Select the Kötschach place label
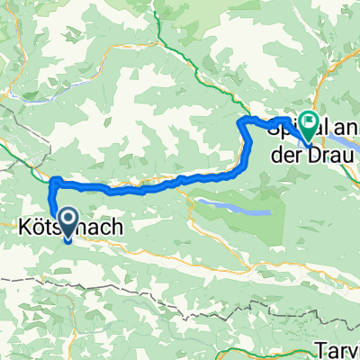(x=58, y=229)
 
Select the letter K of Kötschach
(x=25, y=229)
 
